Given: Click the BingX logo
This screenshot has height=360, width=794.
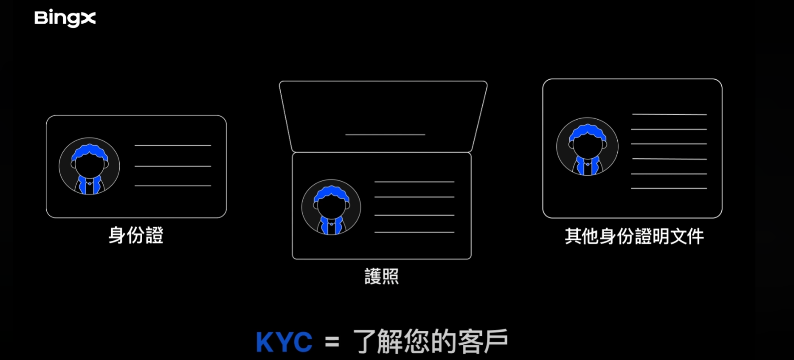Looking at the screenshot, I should (65, 18).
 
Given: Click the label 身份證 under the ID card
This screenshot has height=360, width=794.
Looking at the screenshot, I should (136, 235).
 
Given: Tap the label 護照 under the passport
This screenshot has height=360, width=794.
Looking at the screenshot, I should (381, 276).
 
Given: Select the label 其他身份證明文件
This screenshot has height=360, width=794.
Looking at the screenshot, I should (634, 236).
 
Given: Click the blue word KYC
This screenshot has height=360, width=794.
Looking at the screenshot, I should (284, 343).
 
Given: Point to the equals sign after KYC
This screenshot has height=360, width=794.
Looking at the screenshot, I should (332, 343).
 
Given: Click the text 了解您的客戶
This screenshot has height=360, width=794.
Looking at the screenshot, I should (430, 342).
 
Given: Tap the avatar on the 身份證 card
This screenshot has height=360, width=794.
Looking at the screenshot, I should (89, 166).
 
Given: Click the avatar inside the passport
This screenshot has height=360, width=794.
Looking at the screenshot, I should (331, 208).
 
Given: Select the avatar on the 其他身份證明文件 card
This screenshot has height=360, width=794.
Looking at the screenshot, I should (587, 147).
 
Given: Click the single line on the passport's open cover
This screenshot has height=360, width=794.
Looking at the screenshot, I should (385, 134).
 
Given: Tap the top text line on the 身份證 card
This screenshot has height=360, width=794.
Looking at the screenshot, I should (173, 145).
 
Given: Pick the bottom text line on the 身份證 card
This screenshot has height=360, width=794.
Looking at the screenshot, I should (173, 186).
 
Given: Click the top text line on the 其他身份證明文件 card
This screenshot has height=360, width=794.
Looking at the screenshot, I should (669, 115).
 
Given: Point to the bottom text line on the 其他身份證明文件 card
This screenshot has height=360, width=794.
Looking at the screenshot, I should (669, 188).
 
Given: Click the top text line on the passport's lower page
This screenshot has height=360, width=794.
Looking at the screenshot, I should (414, 182).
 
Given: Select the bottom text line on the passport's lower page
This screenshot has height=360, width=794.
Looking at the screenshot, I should (414, 232).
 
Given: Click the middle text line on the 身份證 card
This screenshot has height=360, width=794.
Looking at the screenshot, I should (173, 166).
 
